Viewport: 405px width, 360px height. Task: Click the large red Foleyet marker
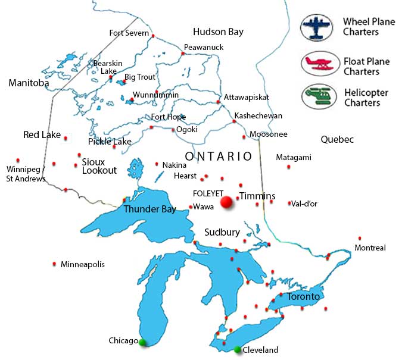coord(226,203)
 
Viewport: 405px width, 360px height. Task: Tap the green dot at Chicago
coord(142,342)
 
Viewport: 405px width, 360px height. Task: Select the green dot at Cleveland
coord(238,349)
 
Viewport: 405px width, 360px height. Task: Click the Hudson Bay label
coord(218,32)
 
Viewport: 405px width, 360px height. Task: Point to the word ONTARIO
coord(219,156)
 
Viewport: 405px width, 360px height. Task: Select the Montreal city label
coord(370,248)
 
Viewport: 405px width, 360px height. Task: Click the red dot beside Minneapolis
coord(55,264)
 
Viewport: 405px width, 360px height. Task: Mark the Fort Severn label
coord(129,33)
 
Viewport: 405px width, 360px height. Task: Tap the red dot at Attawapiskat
coord(219,102)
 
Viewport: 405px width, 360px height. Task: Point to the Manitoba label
coord(29,83)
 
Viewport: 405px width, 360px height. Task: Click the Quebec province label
coord(337,140)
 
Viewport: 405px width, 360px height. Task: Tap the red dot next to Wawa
coord(190,207)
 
